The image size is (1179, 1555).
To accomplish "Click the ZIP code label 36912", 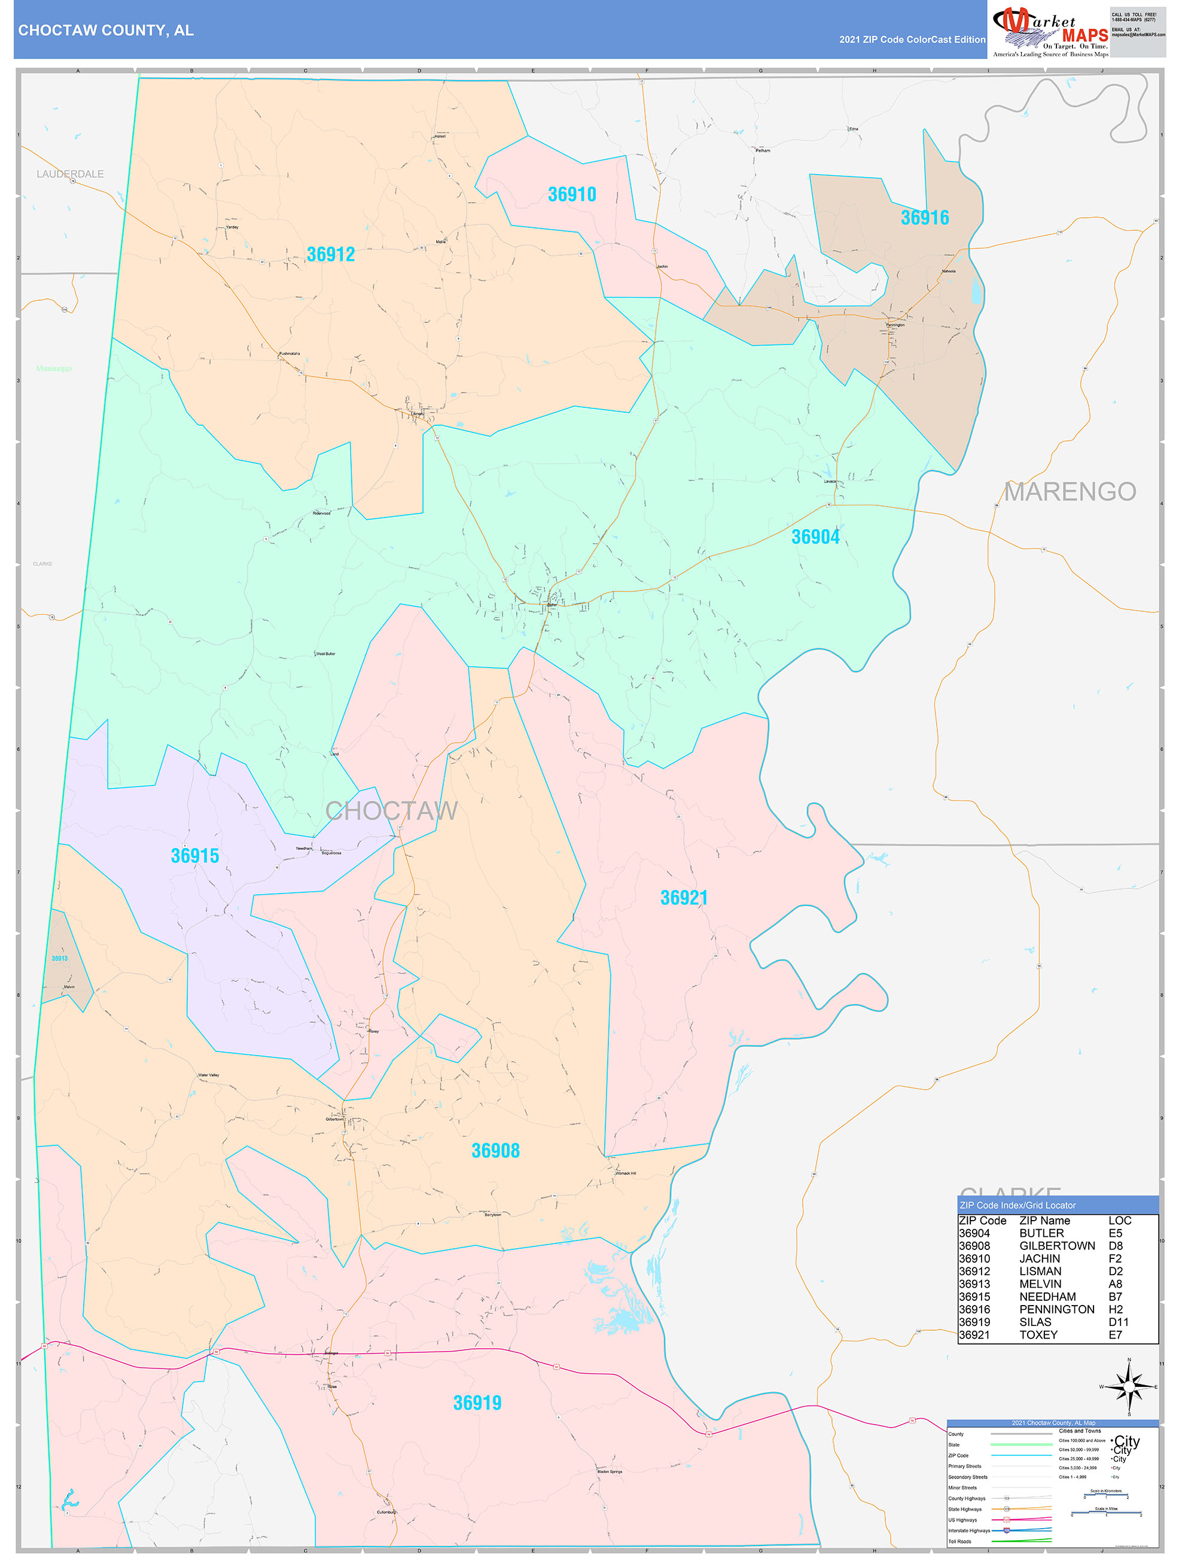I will pyautogui.click(x=330, y=254).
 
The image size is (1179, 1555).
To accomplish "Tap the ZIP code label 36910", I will pyautogui.click(x=572, y=195).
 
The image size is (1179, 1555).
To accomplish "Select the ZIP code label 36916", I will pyautogui.click(x=925, y=218).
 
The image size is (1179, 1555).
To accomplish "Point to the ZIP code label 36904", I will pyautogui.click(x=815, y=537).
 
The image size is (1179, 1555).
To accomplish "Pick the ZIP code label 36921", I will pyautogui.click(x=683, y=898).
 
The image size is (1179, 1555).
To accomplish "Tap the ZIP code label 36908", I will pyautogui.click(x=495, y=1151).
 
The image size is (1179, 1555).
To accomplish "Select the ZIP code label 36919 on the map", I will pyautogui.click(x=477, y=1402).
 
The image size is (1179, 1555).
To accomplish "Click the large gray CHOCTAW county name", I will pyautogui.click(x=391, y=810).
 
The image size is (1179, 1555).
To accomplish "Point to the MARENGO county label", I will pyautogui.click(x=1070, y=492).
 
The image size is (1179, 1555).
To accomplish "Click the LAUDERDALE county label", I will pyautogui.click(x=69, y=173).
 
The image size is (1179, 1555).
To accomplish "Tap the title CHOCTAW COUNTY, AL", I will pyautogui.click(x=105, y=31).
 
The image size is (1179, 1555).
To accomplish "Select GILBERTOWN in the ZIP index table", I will pyautogui.click(x=1056, y=1246).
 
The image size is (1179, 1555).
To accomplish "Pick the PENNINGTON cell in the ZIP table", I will pyautogui.click(x=1056, y=1309).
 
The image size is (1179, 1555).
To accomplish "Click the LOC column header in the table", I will pyautogui.click(x=1119, y=1221).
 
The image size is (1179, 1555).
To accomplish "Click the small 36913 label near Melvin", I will pyautogui.click(x=59, y=958).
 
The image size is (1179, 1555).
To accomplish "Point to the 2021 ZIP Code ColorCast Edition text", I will pyautogui.click(x=912, y=39).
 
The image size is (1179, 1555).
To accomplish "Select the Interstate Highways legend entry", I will pyautogui.click(x=969, y=1530).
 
